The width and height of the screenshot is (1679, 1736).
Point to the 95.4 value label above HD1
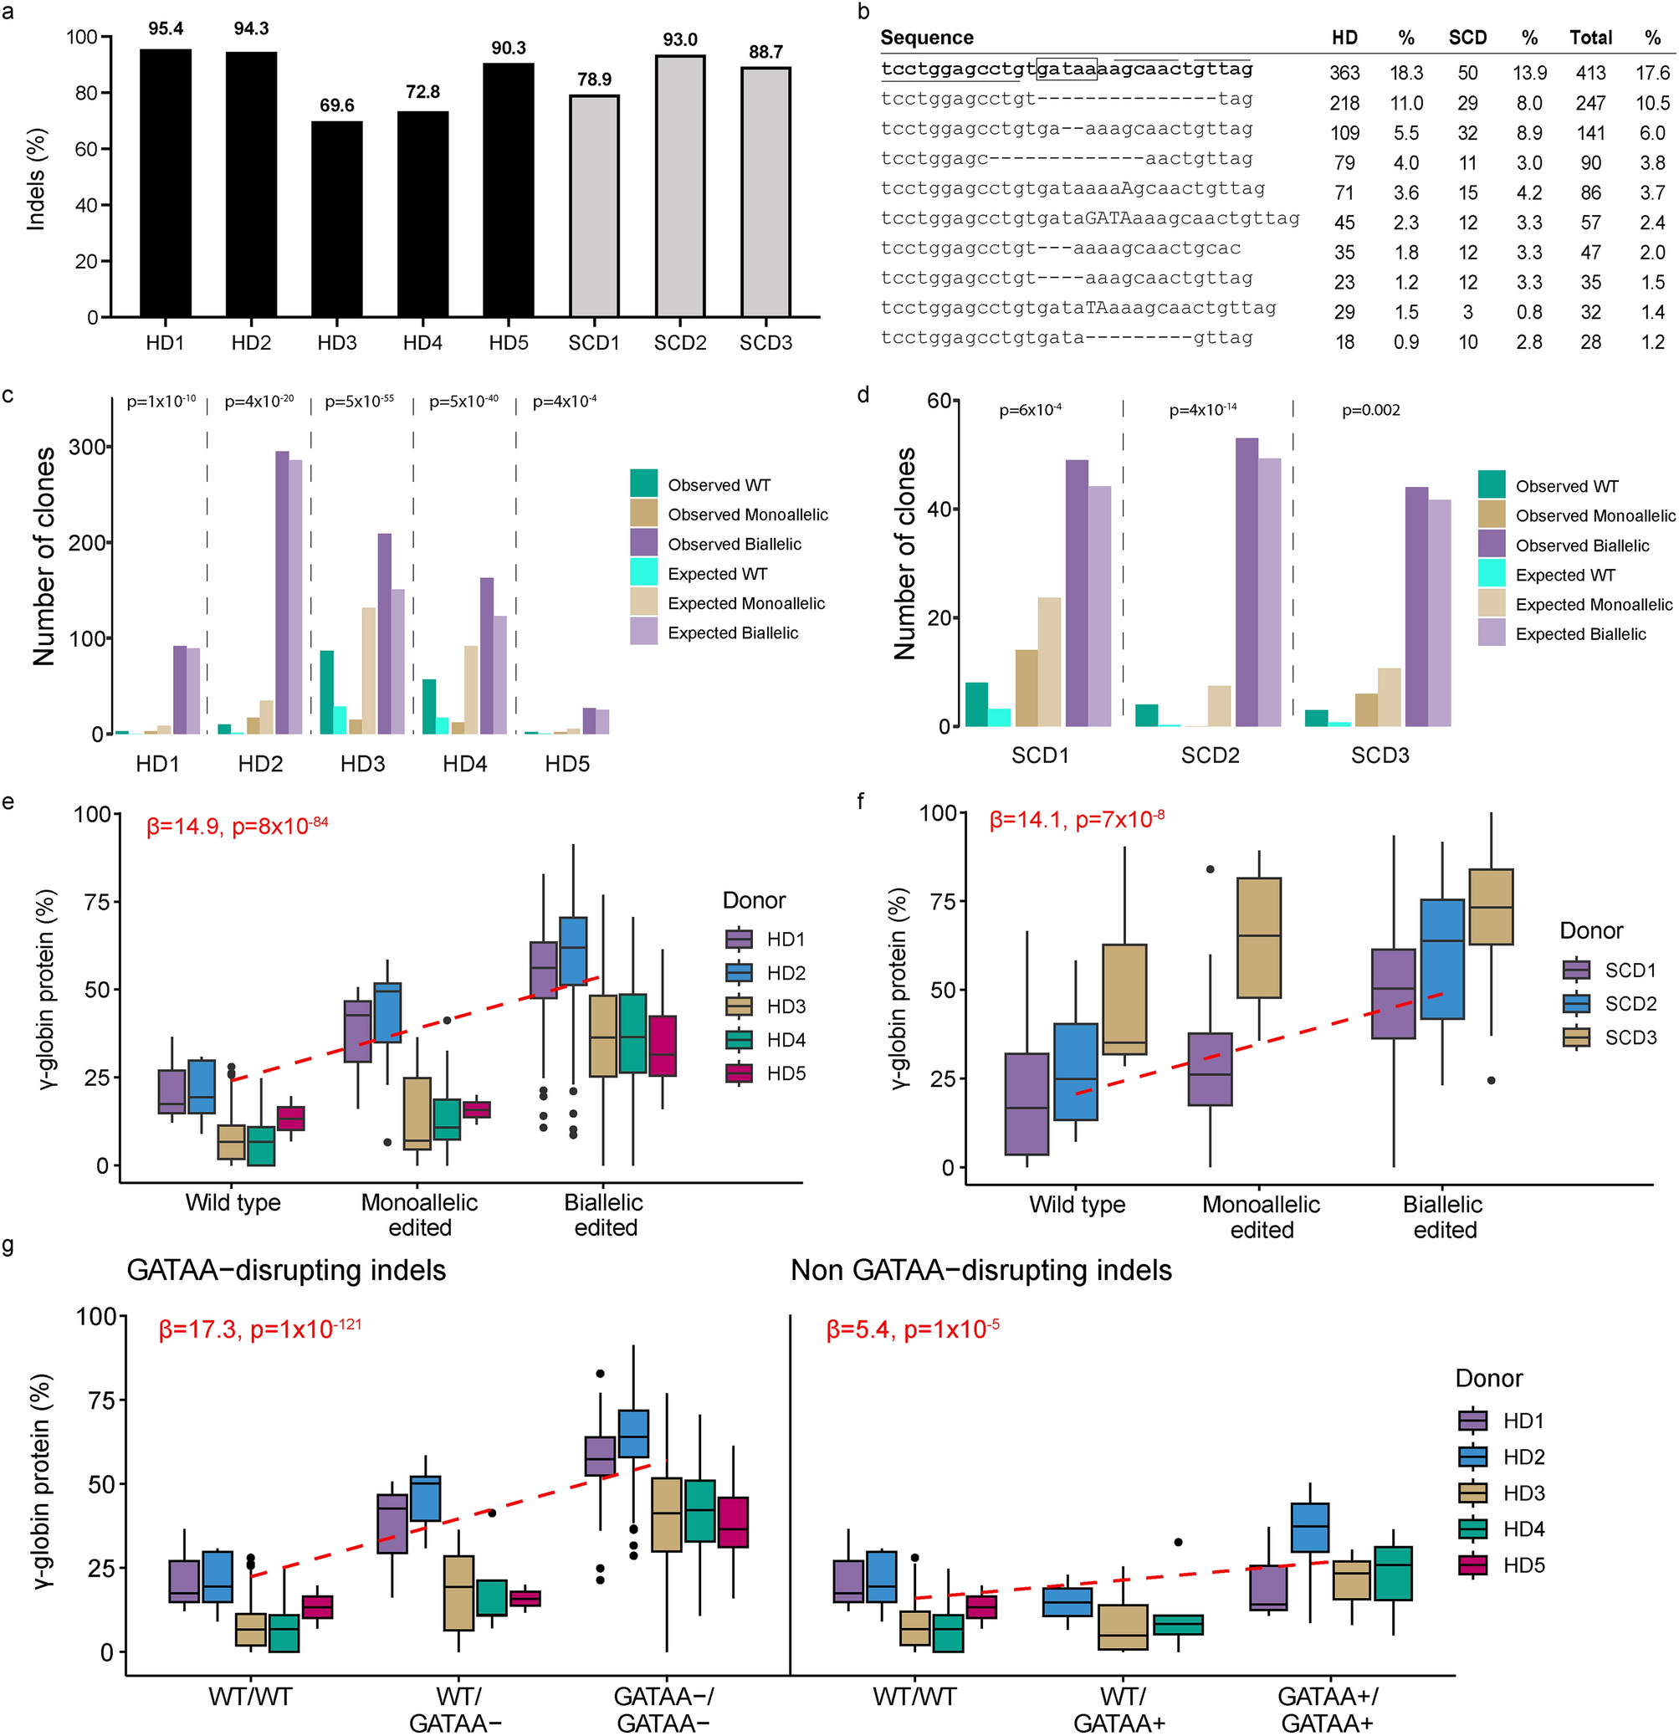coord(166,29)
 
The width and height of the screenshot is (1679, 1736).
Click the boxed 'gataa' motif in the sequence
coord(1066,69)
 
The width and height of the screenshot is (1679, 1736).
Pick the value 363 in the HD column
coord(1344,74)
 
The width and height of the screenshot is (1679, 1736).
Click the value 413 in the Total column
coord(1590,74)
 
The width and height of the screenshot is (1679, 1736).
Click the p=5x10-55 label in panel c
coord(360,402)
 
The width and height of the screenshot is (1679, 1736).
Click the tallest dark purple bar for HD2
coord(282,591)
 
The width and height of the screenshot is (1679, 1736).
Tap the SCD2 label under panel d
coord(1210,755)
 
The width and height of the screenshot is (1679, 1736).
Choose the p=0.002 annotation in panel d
coord(1370,410)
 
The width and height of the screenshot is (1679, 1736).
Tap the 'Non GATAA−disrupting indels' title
coord(981,1271)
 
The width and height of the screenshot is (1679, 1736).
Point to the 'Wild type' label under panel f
coord(1077,1205)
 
